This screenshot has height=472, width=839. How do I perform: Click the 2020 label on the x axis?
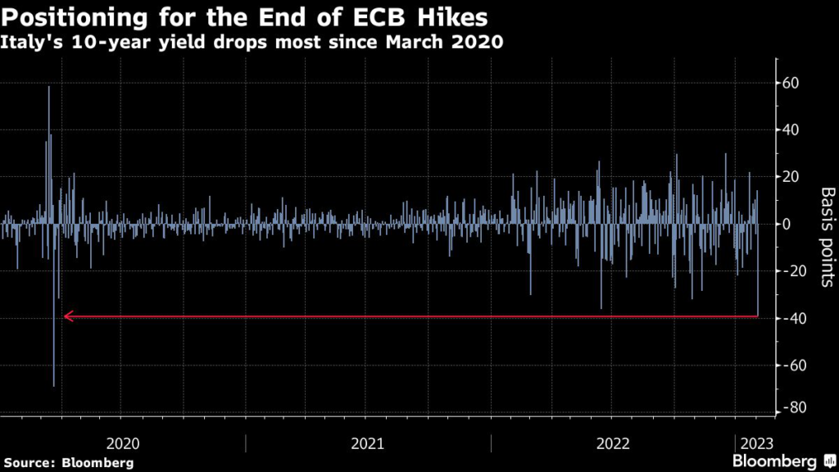click(123, 443)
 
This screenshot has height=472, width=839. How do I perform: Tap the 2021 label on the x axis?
click(368, 443)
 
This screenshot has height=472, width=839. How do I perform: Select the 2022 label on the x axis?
click(613, 443)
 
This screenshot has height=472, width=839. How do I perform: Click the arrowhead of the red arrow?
click(67, 315)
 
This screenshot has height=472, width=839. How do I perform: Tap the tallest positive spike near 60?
click(48, 88)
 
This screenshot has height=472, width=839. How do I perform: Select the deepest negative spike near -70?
click(54, 383)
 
